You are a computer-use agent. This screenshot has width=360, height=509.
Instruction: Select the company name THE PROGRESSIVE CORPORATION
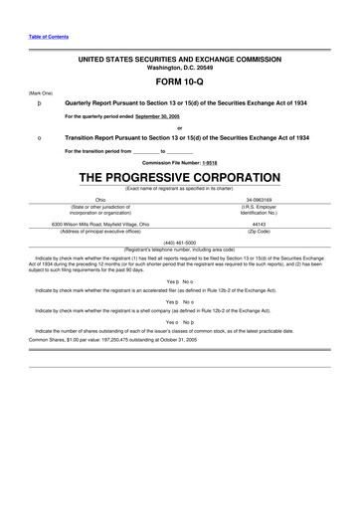tap(179, 177)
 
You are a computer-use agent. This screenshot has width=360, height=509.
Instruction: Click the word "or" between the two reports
tap(179, 126)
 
